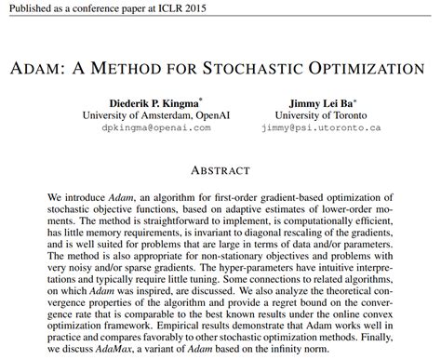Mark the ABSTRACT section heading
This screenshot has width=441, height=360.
click(x=220, y=170)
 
